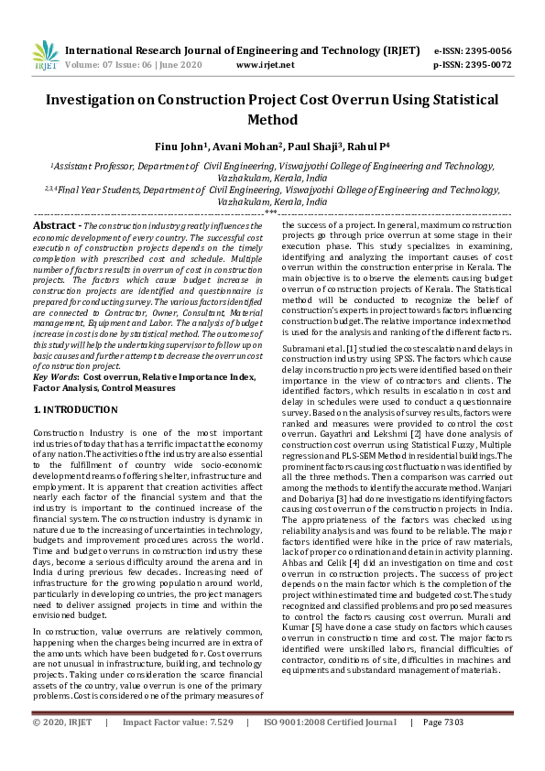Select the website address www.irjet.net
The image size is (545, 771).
(x=265, y=65)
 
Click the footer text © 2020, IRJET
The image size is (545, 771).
(x=62, y=747)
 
